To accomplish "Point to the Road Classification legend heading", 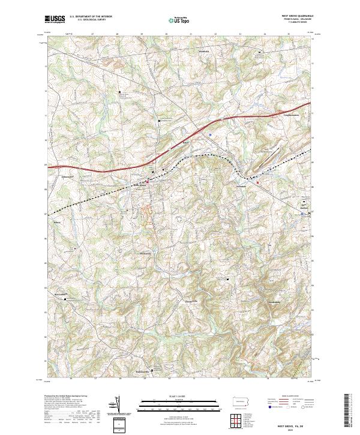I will (287, 397).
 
